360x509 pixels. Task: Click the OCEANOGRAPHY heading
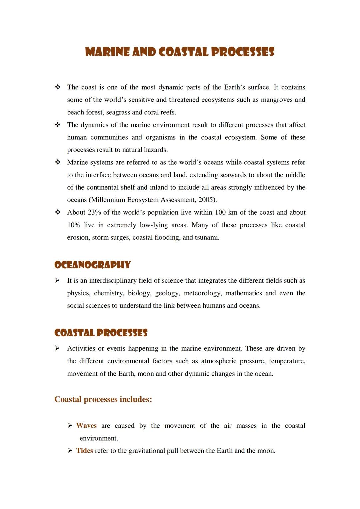92,265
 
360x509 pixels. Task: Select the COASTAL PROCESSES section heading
101,333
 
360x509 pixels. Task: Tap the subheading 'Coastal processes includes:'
103,399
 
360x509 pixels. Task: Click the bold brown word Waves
86,426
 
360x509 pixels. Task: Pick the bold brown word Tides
84,451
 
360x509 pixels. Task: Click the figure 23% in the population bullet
94,213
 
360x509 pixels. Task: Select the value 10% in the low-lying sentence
73,225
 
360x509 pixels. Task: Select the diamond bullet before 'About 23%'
57,212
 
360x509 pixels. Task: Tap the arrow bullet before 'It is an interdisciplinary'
57,281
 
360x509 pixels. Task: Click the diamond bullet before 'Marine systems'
57,162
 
